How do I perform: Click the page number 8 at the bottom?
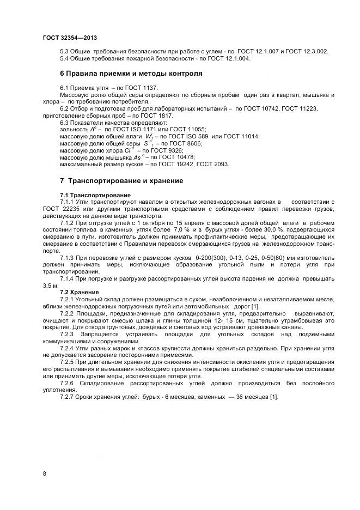point(44,473)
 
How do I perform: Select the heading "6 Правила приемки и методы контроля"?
point(131,72)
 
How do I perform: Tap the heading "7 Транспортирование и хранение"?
point(121,180)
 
